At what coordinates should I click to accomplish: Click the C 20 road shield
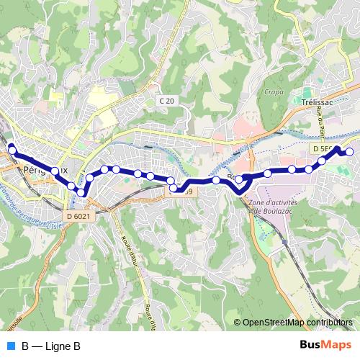(166, 102)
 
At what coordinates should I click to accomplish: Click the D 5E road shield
(323, 148)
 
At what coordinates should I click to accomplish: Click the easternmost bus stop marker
(350, 152)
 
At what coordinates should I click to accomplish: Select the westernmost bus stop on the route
(12, 149)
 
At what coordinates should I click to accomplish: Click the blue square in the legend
(10, 346)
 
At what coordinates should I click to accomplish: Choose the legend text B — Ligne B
(51, 346)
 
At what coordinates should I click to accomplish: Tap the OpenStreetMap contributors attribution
(298, 323)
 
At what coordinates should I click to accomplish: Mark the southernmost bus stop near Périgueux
(83, 192)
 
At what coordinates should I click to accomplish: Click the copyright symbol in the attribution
(238, 323)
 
